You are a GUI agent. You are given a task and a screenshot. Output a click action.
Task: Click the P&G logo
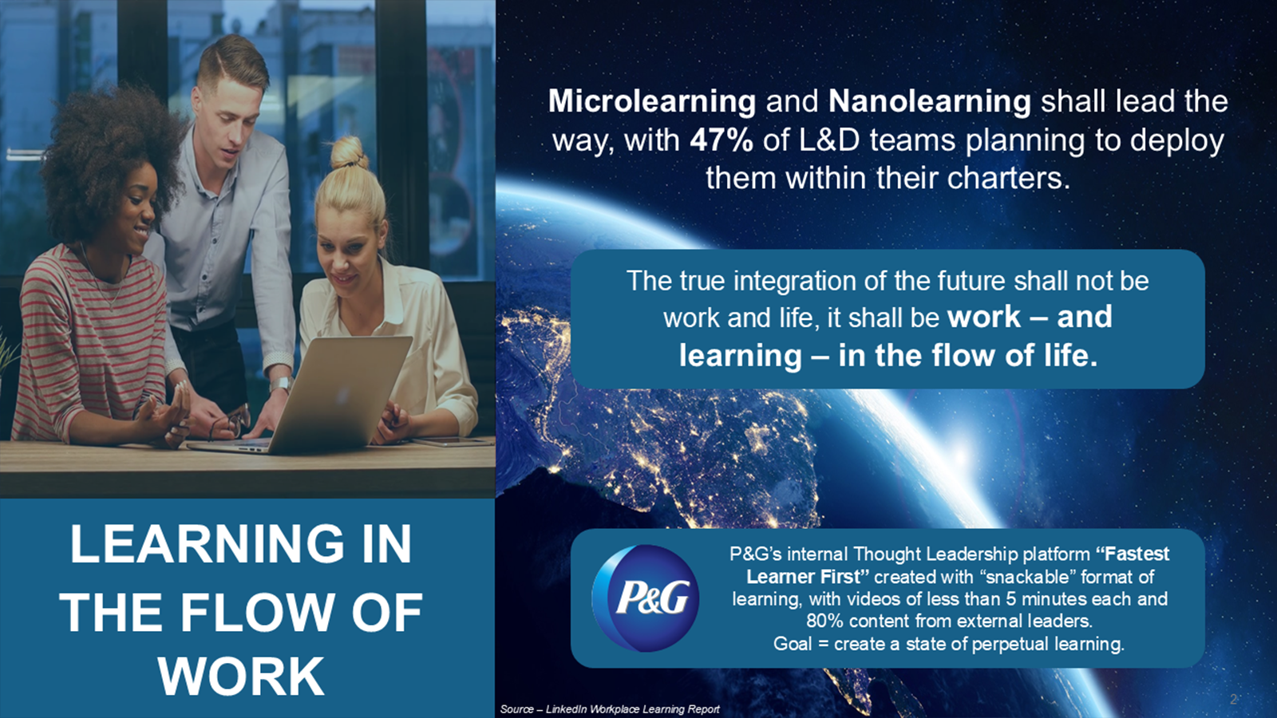pyautogui.click(x=646, y=598)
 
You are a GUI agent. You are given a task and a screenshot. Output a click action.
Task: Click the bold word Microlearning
pyautogui.click(x=652, y=101)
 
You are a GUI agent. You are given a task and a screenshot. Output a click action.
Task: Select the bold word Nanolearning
pyautogui.click(x=930, y=101)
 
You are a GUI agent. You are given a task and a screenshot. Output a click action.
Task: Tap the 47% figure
pyautogui.click(x=722, y=140)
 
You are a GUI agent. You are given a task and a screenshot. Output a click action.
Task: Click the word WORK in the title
pyautogui.click(x=241, y=677)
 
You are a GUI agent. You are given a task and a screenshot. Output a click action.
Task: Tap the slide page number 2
pyautogui.click(x=1234, y=699)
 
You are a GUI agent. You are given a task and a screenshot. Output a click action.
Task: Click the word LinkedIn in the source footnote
pyautogui.click(x=566, y=709)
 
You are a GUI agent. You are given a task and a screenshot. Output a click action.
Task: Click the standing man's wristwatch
pyautogui.click(x=280, y=384)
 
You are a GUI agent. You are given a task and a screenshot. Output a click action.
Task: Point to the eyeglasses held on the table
pyautogui.click(x=229, y=423)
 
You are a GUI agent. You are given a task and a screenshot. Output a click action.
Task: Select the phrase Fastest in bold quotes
pyautogui.click(x=1133, y=554)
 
